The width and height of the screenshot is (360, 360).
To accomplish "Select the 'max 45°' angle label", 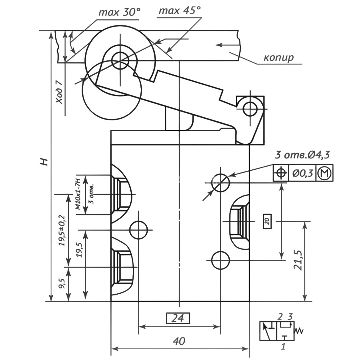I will (180, 11).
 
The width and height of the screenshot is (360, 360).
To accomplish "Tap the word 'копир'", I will (278, 57).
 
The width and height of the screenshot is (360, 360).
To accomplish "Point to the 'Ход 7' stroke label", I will (60, 92).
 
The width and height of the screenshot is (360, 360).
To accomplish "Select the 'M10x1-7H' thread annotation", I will (78, 194).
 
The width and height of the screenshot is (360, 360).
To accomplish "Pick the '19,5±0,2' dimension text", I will (62, 231).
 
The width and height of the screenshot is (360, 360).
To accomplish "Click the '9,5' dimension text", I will (62, 284).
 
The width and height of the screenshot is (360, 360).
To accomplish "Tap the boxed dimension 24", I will (178, 318).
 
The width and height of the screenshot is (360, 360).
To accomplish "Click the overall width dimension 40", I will (179, 341).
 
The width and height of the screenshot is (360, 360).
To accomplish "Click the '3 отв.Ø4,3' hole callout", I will (302, 155).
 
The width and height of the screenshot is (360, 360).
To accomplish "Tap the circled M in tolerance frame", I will (325, 173).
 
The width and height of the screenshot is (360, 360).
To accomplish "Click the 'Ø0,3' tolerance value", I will (303, 173).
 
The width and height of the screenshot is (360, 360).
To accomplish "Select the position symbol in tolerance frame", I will (281, 173).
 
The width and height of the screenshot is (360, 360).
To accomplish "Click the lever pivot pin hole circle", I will (250, 109).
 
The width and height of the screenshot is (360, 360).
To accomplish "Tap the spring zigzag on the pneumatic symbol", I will (298, 331).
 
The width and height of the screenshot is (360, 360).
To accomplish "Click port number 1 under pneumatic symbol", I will (283, 346).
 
